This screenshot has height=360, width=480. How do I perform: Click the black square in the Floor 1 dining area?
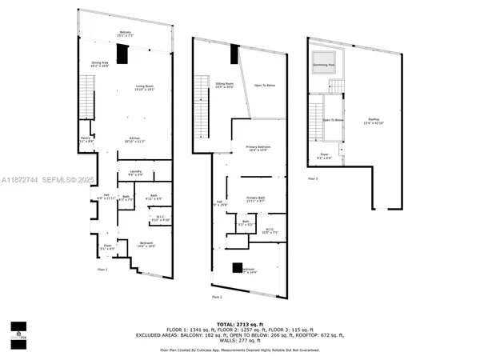pyautogui.click(x=121, y=54)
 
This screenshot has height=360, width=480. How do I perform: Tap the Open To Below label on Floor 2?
pyautogui.click(x=266, y=85)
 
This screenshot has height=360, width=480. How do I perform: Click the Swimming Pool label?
pyautogui.click(x=324, y=61)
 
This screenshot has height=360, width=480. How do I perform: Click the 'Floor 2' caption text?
pyautogui.click(x=217, y=297)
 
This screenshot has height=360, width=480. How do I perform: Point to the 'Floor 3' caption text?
pyautogui.click(x=312, y=178)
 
